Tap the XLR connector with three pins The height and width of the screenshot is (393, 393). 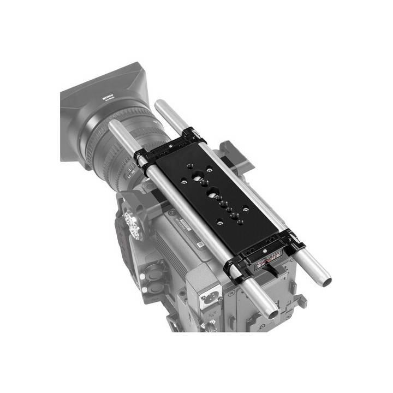211,301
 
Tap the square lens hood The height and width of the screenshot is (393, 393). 104,104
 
